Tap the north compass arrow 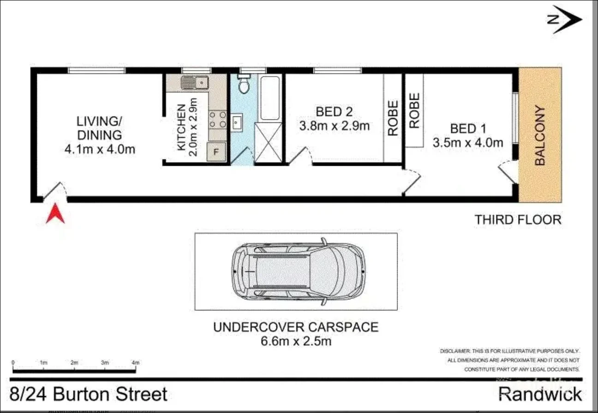567,19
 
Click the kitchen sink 194,83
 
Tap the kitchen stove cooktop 217,119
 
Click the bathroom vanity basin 237,122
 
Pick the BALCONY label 540,136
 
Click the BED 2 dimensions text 335,126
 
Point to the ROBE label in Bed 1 414,111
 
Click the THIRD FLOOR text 518,220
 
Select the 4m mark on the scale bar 136,363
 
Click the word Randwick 540,395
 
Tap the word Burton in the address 86,395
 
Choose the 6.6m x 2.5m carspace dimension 295,342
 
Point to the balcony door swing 508,171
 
